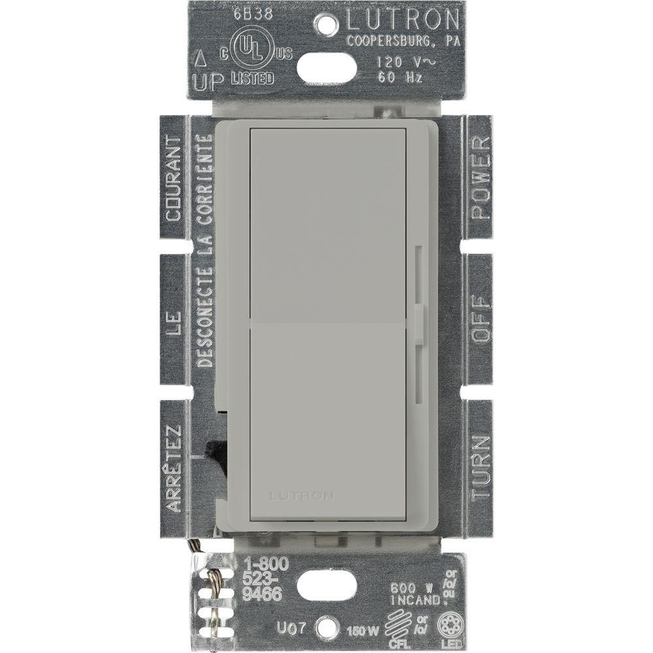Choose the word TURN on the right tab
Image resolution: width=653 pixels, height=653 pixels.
(480, 468)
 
